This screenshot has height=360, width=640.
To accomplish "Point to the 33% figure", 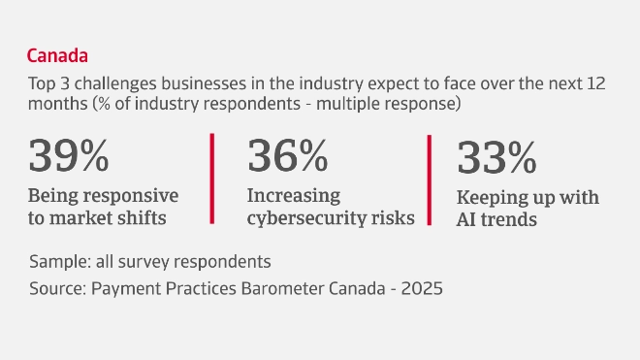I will click(x=496, y=158).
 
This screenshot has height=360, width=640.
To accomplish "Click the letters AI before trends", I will click(x=468, y=220).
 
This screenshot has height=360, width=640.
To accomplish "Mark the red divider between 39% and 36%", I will click(x=211, y=180).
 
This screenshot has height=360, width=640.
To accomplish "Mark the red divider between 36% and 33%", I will click(x=430, y=180).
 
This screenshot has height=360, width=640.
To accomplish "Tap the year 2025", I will click(x=425, y=289).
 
